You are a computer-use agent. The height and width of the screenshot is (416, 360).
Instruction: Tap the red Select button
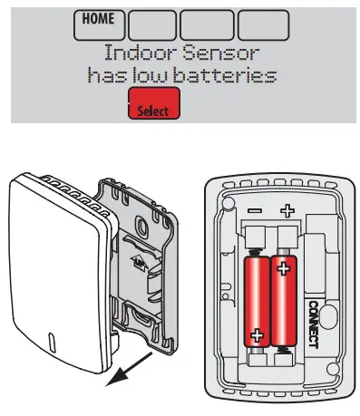click(x=154, y=106)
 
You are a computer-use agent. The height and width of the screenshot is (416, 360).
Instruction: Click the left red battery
click(x=258, y=305)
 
